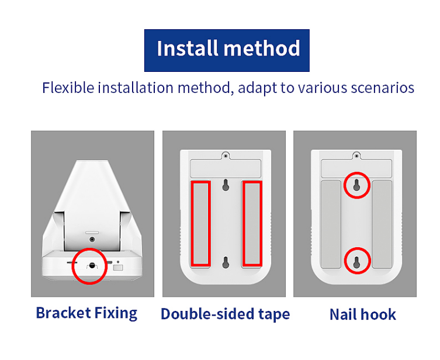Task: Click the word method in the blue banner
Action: (262, 49)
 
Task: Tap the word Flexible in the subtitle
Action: (68, 88)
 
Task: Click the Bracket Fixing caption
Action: (86, 313)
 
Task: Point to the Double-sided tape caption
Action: (225, 314)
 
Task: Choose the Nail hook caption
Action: (362, 314)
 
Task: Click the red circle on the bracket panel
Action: (89, 248)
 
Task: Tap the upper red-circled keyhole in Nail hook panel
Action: (356, 185)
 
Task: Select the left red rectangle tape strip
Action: (200, 223)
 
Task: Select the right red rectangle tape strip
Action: (252, 223)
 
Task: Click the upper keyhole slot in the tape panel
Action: (226, 185)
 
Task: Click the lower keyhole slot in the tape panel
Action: (226, 262)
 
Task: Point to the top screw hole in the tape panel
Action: (226, 155)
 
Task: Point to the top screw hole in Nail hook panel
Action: (356, 155)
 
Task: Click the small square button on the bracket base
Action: (118, 267)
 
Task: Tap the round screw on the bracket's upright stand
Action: (92, 240)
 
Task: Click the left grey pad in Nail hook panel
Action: (331, 224)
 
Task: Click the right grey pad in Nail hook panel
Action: (382, 224)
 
